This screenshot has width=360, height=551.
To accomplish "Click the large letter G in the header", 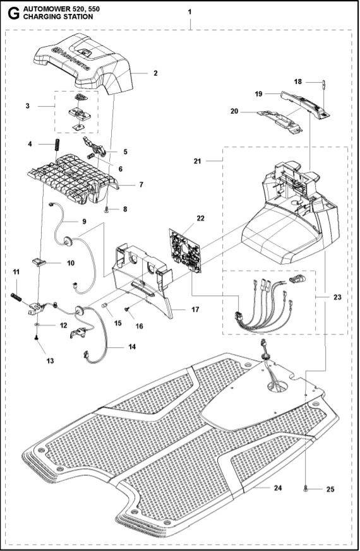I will pos(10,13).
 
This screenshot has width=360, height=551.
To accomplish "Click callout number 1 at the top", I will pos(191,12).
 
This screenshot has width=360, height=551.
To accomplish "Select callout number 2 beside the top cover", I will pos(155,73).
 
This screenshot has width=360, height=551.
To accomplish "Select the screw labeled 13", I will pos(37,340).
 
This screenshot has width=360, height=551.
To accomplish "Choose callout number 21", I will pos(198,162).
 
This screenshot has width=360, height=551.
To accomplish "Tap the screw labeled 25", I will pos(306,488).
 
